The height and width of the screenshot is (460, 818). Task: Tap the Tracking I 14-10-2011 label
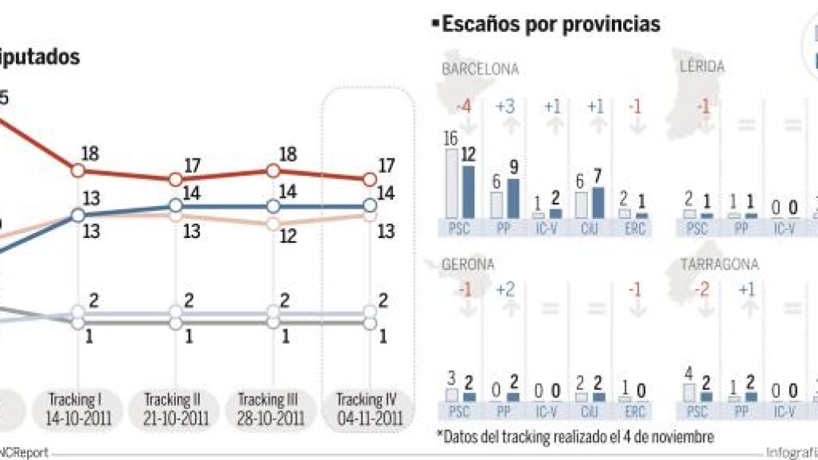pos(78,407)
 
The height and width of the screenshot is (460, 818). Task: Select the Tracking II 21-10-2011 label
pos(176,407)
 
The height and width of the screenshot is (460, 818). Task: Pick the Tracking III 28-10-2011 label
pos(271,407)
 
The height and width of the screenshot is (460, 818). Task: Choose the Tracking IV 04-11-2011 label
pos(369,407)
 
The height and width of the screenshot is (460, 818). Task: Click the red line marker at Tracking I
pos(78,170)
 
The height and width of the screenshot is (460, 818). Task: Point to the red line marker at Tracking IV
pos(369,180)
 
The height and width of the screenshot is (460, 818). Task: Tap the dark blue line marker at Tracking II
pos(176,205)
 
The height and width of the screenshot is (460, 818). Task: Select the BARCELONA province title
pos(480,69)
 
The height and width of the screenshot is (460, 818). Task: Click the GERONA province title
pos(468,264)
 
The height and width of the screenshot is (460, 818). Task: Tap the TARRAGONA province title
pos(719,264)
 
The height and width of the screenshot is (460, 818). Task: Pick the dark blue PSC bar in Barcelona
pos(468,191)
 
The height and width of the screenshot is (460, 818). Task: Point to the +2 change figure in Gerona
pos(504,290)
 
